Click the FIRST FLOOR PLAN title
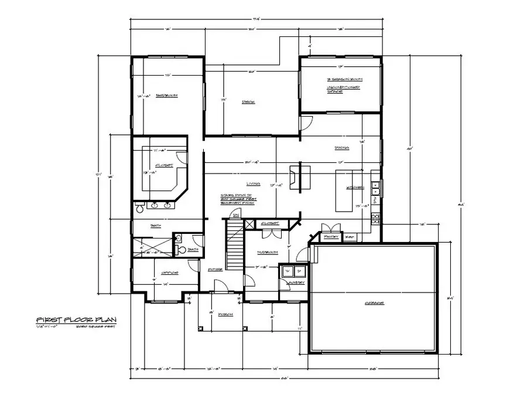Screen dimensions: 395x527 coord(76,319)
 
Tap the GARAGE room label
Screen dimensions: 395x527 coord(374,303)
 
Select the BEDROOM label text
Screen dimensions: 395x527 coord(167,96)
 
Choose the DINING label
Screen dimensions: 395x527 coord(342,147)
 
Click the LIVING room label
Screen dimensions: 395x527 coord(253,183)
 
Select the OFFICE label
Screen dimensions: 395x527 coord(170,273)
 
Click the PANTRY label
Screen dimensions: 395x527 coord(331,236)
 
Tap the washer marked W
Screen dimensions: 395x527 coord(287,271)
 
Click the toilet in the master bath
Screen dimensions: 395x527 coord(140,209)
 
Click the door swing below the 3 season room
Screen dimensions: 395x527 coord(306,122)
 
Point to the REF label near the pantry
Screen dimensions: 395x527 coord(350,236)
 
